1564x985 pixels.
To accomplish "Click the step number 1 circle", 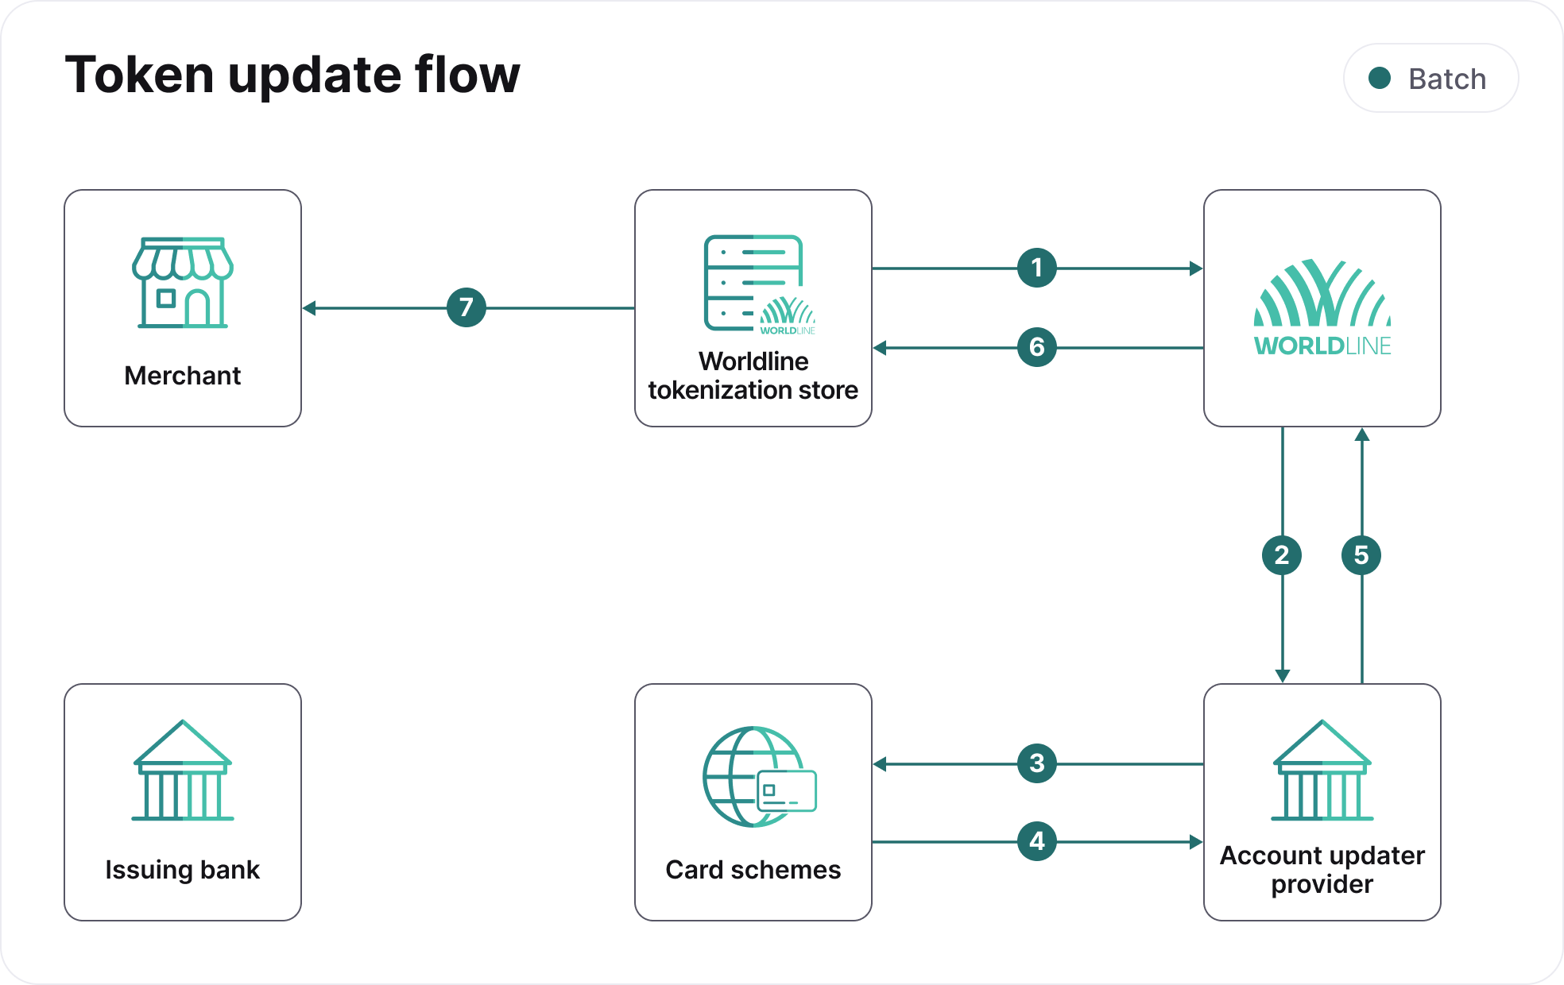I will [x=1036, y=268].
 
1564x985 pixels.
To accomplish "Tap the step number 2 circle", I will [x=1281, y=554].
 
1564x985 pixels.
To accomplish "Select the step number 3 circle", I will [x=1036, y=763].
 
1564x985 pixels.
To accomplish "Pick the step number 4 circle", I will [x=1036, y=840].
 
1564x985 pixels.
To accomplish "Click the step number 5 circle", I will [x=1361, y=554].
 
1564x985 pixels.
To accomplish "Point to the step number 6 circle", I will [x=1036, y=346].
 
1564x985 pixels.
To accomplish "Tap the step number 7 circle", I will [x=466, y=307].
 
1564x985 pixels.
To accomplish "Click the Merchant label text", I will [x=182, y=376].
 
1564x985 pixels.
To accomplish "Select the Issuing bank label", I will [x=182, y=870].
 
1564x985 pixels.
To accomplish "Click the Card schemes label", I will [x=753, y=870].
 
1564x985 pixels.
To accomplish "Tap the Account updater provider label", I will [x=1322, y=870].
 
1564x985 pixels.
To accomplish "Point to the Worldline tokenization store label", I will [x=753, y=376].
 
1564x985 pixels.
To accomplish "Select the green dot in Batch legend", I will [x=1380, y=78].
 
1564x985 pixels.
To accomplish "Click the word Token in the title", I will [x=139, y=75].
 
